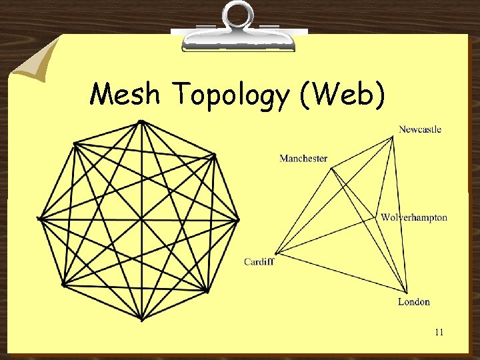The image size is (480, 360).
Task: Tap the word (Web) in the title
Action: [x=343, y=95]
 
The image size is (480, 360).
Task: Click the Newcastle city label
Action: [x=420, y=129]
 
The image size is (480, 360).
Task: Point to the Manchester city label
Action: [x=303, y=159]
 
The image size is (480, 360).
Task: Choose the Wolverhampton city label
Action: [x=414, y=217]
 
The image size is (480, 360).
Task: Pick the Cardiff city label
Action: [x=259, y=262]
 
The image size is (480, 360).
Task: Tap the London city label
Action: [x=413, y=302]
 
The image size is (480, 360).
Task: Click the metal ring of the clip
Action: [x=238, y=15]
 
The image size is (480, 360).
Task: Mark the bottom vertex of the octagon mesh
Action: [x=141, y=319]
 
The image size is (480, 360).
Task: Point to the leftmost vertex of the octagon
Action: [x=40, y=218]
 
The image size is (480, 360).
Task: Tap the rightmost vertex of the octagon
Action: [x=239, y=219]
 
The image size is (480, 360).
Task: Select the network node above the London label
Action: [x=405, y=292]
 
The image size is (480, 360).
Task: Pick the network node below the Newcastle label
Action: [x=394, y=137]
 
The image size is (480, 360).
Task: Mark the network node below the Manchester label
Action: [x=332, y=168]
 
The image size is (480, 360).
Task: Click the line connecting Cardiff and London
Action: [x=340, y=272]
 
